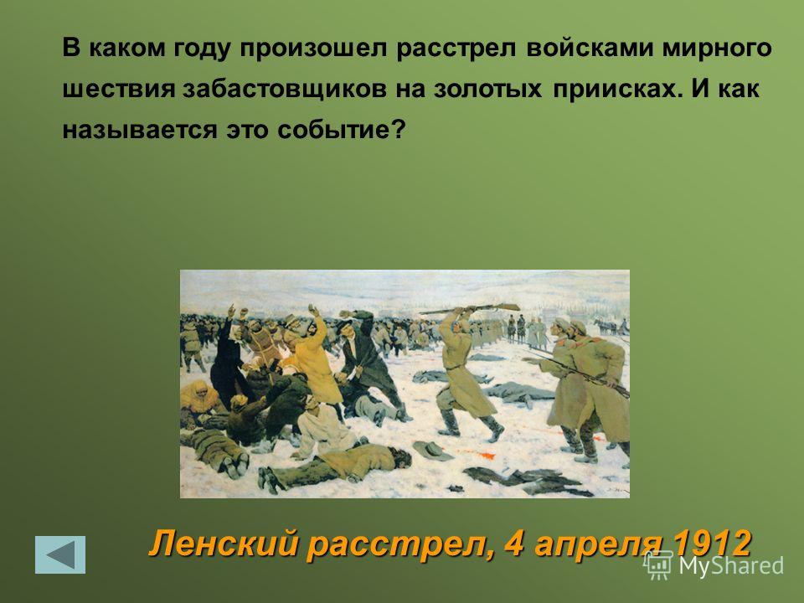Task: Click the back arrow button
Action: coord(60,554)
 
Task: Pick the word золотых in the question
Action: coord(487,89)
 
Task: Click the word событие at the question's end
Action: coord(342,130)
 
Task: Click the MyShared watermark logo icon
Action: coord(658,564)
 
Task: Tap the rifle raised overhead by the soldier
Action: coord(470,309)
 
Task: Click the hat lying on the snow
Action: coord(433,450)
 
